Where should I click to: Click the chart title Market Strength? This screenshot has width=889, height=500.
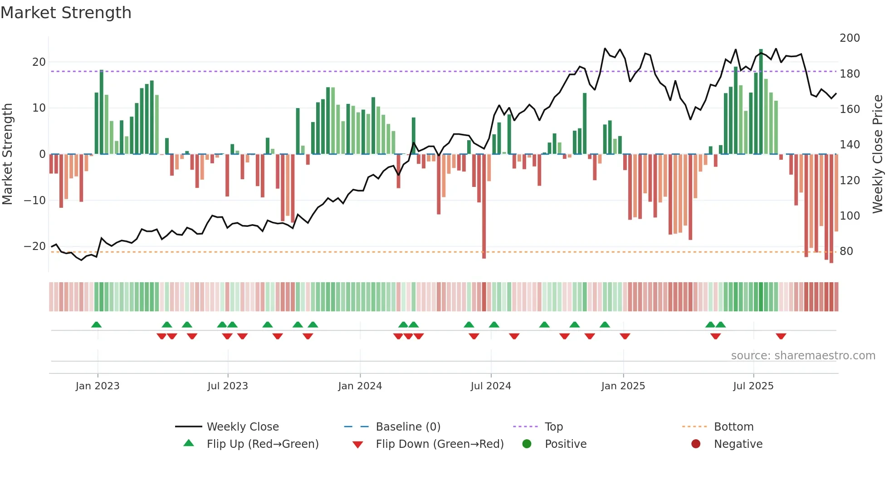coord(66,13)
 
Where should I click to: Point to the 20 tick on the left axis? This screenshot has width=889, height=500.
coord(39,62)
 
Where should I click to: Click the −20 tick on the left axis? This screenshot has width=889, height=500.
coord(35,246)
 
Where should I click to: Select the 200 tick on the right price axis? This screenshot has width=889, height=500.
coord(850,38)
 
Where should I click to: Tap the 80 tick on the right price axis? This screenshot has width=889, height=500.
coord(846,251)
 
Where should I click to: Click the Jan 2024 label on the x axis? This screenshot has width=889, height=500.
coord(360,386)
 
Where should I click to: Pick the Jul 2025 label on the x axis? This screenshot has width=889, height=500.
coord(753,386)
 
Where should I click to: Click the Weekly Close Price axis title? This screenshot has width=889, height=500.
coord(878,154)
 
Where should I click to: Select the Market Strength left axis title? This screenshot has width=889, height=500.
coord(8,154)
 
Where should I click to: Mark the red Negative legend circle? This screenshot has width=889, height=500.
coord(695,444)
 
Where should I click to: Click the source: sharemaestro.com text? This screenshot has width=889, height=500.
coord(803,356)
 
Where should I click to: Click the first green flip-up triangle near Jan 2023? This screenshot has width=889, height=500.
coord(96,324)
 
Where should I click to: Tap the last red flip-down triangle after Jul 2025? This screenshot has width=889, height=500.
coord(781,336)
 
